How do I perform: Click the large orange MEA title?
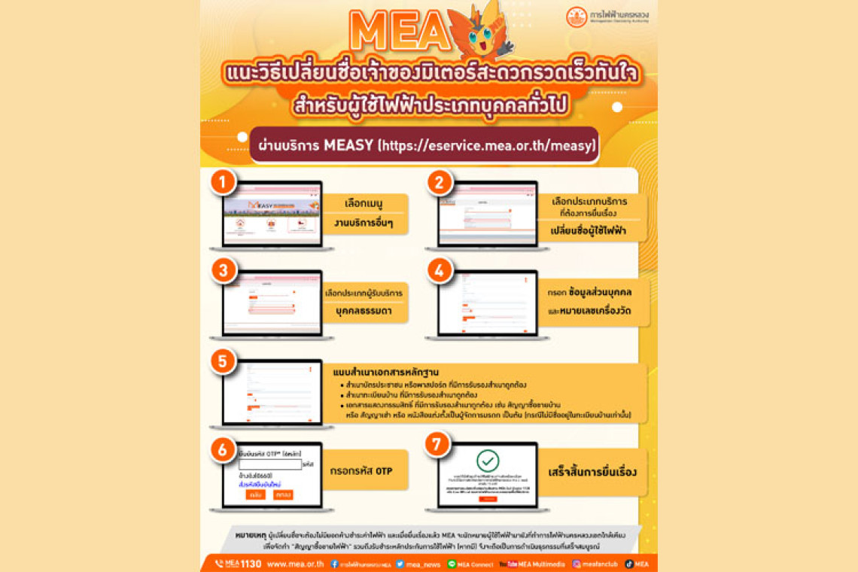coord(399,32)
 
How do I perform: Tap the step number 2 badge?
coord(439,183)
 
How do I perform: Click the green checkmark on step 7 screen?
coord(488,461)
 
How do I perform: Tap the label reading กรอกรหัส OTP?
coord(361,471)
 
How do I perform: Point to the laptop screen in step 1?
coord(272,213)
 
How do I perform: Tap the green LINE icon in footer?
coord(452,564)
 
